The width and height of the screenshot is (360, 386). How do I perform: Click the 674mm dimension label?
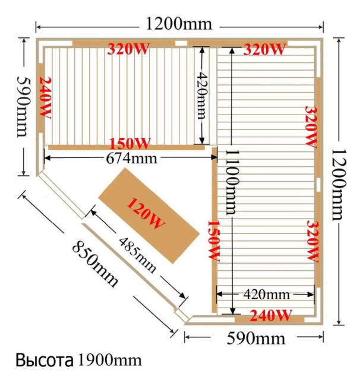pyautogui.click(x=131, y=159)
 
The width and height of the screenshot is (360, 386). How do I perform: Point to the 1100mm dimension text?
pyautogui.click(x=232, y=182)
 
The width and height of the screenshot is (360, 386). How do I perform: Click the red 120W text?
pyautogui.click(x=146, y=213)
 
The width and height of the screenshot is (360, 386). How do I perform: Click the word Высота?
pyautogui.click(x=45, y=360)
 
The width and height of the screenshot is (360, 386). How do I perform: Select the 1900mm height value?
pyautogui.click(x=109, y=360)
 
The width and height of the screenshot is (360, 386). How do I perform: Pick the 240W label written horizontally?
pyautogui.click(x=271, y=315)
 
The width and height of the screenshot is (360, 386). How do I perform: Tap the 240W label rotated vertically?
pyautogui.click(x=45, y=97)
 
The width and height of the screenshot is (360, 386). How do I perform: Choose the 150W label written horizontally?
pyautogui.click(x=130, y=144)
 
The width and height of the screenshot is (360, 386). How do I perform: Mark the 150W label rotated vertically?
pyautogui.click(x=213, y=241)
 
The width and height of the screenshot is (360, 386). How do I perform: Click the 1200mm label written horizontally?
pyautogui.click(x=179, y=24)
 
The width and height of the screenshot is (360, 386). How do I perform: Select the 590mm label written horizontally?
pyautogui.click(x=255, y=338)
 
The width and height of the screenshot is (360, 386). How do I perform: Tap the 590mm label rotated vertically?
pyautogui.click(x=23, y=107)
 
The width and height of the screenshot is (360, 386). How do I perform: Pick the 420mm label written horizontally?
pyautogui.click(x=266, y=295)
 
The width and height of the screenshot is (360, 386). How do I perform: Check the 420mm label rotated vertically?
pyautogui.click(x=203, y=96)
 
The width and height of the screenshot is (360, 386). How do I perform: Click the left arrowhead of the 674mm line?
pyautogui.click(x=47, y=158)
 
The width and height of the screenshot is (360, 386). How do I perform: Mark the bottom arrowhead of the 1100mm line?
pyautogui.click(x=232, y=311)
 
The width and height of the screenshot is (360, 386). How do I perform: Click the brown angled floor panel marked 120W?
pyautogui.click(x=149, y=216)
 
